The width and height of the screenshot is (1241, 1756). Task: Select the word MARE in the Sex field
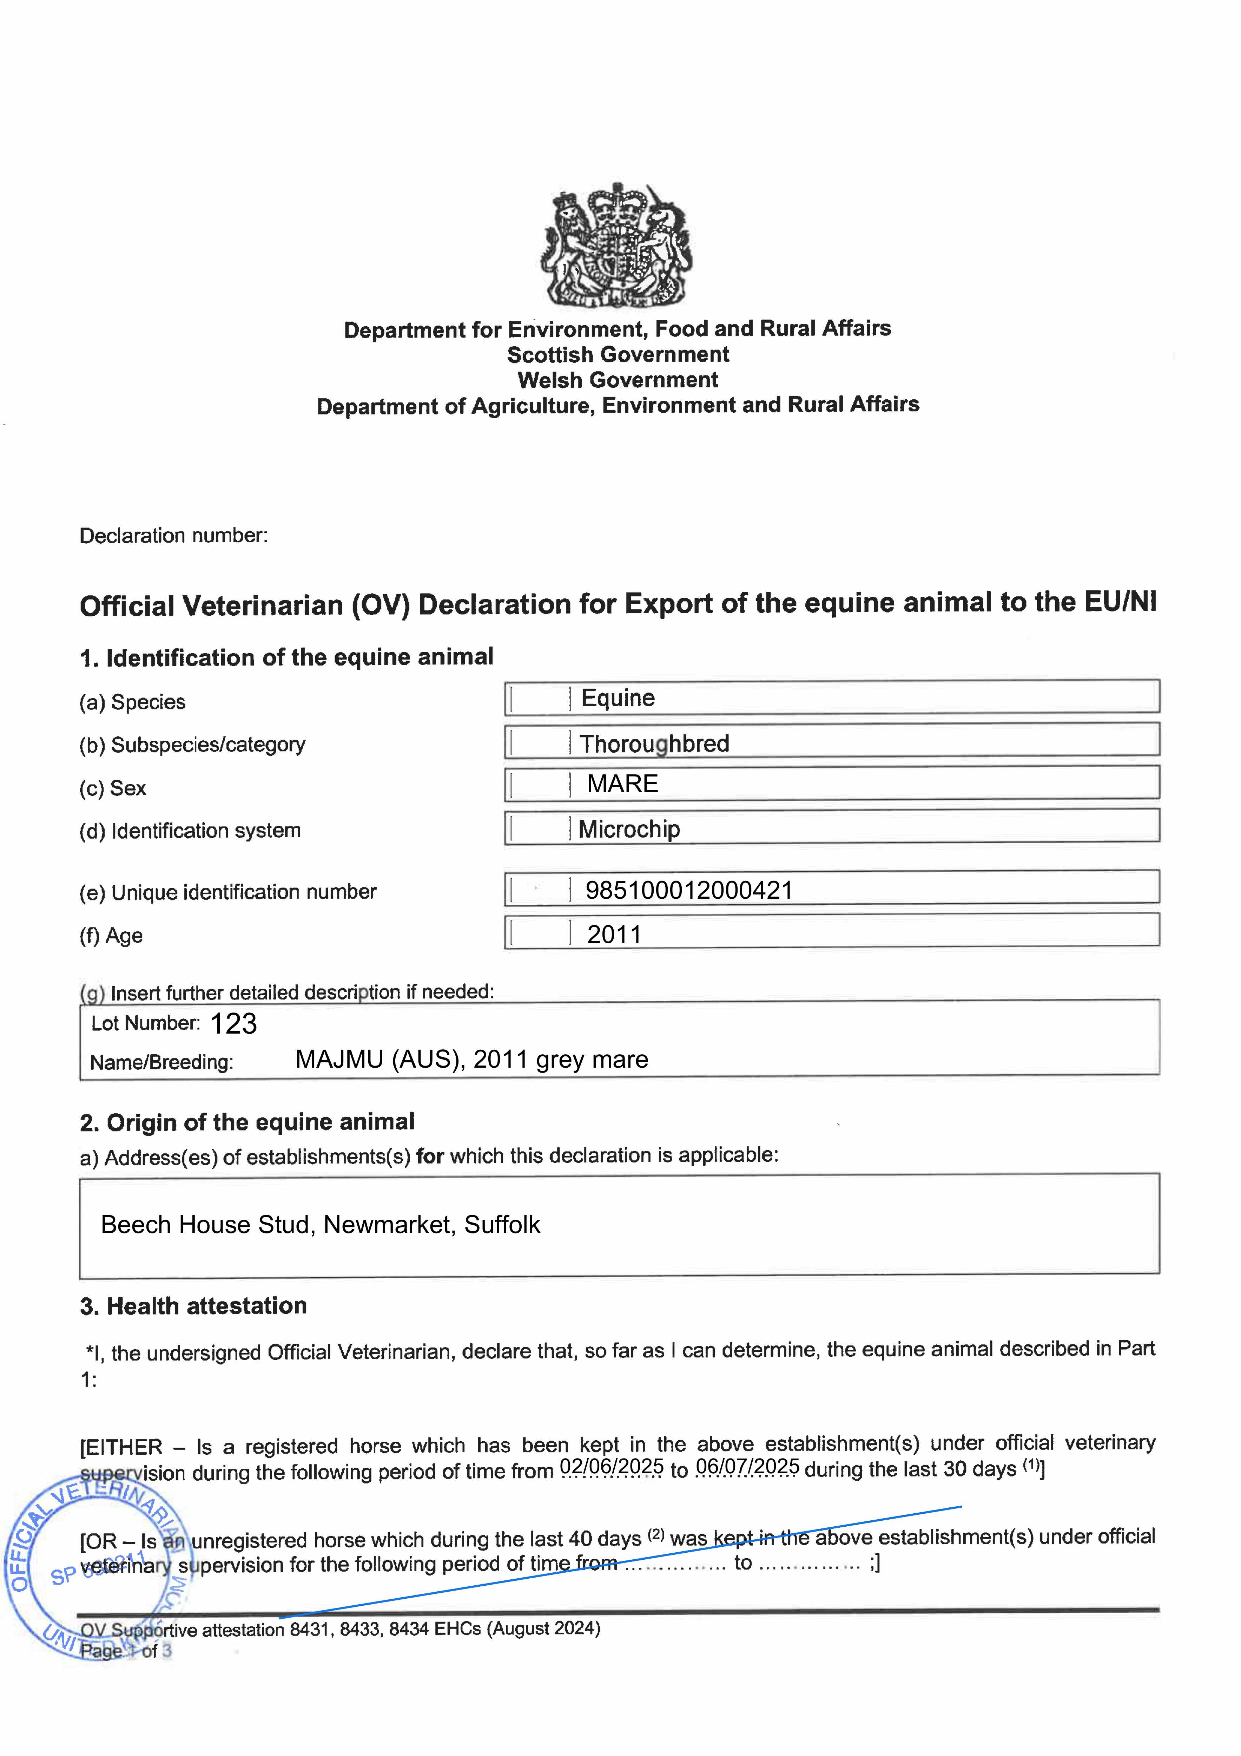[622, 784]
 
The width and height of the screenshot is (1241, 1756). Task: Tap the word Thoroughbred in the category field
[654, 743]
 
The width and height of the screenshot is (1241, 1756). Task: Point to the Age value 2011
[614, 935]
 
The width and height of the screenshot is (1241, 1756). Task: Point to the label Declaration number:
[173, 535]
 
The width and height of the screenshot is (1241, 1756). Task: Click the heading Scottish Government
[618, 355]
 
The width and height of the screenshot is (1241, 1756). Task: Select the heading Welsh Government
[618, 380]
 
